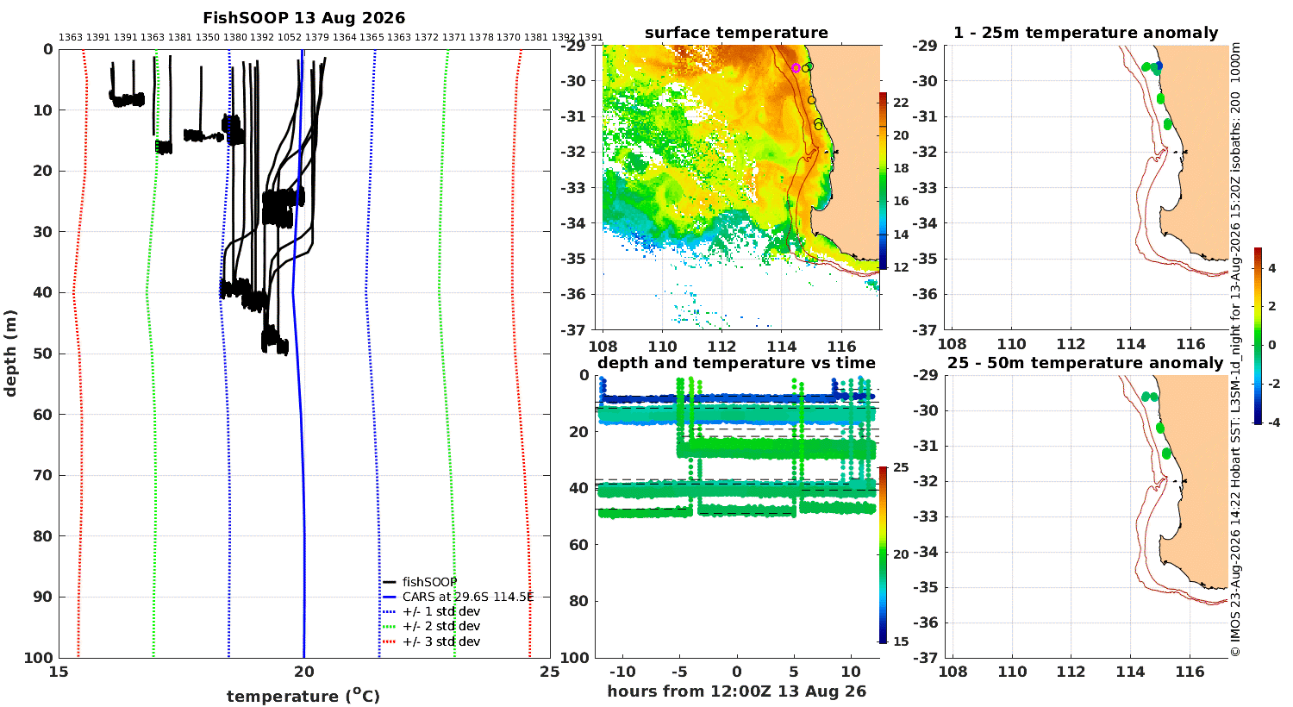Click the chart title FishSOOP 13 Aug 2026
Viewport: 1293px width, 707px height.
pos(303,18)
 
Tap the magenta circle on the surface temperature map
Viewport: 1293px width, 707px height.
pos(796,68)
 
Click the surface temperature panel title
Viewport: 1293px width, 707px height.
pos(736,33)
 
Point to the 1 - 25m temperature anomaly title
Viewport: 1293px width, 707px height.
pos(1085,33)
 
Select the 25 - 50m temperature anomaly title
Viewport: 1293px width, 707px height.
pos(1085,363)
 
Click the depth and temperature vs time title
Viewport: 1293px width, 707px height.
pos(736,363)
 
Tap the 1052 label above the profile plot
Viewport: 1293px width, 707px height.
pos(289,38)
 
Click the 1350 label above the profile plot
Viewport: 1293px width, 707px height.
pos(207,38)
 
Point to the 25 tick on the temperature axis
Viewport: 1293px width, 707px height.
pos(550,672)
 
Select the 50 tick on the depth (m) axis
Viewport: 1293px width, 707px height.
pos(43,353)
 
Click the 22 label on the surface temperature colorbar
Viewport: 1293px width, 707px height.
pos(901,103)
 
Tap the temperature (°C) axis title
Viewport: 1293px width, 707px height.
pos(303,696)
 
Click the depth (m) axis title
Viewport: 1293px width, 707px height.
pos(10,353)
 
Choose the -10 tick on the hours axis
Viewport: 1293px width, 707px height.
pos(622,672)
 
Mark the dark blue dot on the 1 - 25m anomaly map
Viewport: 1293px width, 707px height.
pos(1159,66)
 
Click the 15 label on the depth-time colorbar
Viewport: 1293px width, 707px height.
pos(901,641)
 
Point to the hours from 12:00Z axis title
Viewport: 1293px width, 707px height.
pos(736,691)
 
